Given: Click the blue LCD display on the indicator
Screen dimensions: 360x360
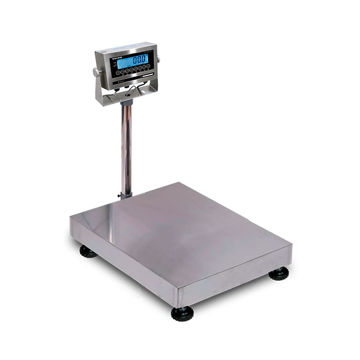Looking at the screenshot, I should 134,61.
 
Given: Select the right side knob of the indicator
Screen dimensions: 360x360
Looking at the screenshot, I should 158,58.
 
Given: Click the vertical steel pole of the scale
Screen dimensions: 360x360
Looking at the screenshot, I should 127,144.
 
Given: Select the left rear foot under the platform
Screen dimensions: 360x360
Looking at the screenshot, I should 88,251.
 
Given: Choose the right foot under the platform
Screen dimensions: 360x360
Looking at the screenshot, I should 278,274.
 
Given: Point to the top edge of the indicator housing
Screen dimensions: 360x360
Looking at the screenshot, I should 126,47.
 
